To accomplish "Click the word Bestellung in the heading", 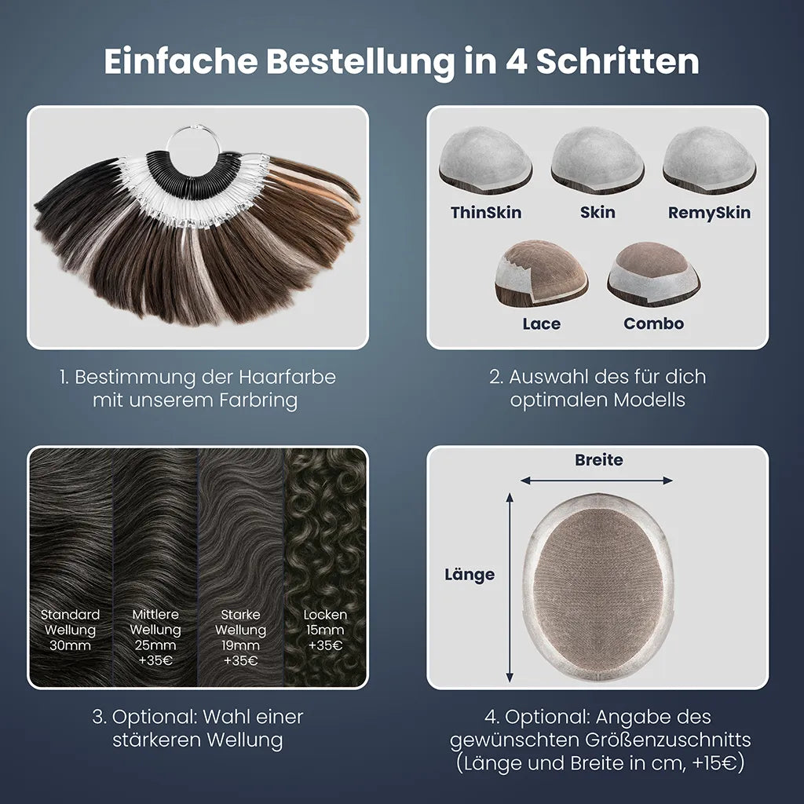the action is (360, 62).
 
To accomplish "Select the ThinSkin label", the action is (486, 212).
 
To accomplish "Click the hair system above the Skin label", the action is (598, 159).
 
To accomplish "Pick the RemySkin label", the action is (709, 212).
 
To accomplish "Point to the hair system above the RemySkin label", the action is (709, 159).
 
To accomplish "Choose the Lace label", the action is (542, 323).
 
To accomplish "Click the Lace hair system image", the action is (541, 274).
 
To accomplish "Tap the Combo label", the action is (654, 323).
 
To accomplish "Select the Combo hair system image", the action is (654, 274).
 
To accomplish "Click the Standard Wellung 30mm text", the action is (70, 630).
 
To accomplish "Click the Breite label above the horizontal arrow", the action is (599, 460).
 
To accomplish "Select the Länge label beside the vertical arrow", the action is (470, 574).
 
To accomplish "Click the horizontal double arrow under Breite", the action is (597, 481).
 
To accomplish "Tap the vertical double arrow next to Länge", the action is (509, 587).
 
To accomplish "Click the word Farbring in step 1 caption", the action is (258, 400).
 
